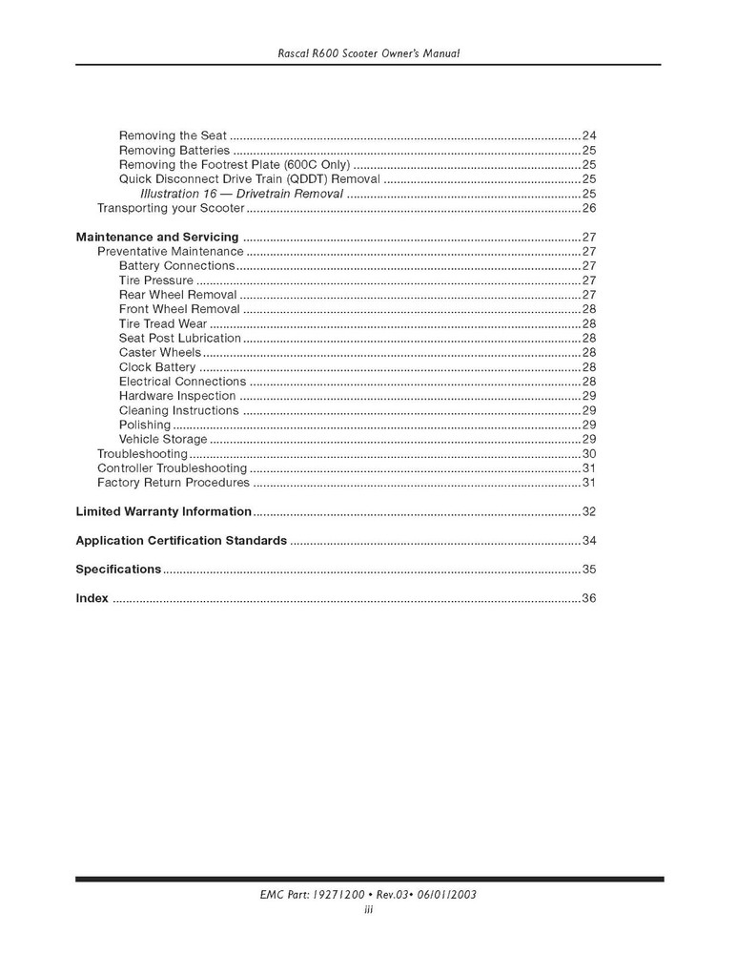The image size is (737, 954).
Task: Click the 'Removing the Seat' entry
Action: coord(173,135)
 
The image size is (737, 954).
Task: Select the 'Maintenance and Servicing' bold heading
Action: coord(157,237)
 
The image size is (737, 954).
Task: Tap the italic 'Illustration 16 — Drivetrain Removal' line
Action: coord(241,194)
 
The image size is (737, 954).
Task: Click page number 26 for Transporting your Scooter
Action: coord(588,208)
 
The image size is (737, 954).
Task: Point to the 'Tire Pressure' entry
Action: coord(156,280)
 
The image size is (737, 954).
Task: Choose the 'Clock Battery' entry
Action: coord(157,367)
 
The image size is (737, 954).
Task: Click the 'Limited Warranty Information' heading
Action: coord(163,511)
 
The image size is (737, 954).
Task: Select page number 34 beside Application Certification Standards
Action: coord(588,541)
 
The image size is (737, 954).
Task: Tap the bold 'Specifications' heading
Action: coord(118,570)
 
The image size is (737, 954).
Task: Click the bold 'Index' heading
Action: coord(92,599)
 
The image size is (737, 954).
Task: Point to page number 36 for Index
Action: coord(588,599)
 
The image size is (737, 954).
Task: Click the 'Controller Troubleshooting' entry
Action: coord(173,468)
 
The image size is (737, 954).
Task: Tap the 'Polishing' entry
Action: coord(145,425)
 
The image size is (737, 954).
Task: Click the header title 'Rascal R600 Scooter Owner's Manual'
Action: coord(368,53)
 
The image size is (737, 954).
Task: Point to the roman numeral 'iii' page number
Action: coord(368,910)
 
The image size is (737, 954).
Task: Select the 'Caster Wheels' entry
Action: coord(160,353)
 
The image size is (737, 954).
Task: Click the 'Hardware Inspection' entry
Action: coord(177,396)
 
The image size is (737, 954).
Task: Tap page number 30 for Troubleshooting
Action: coord(588,454)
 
